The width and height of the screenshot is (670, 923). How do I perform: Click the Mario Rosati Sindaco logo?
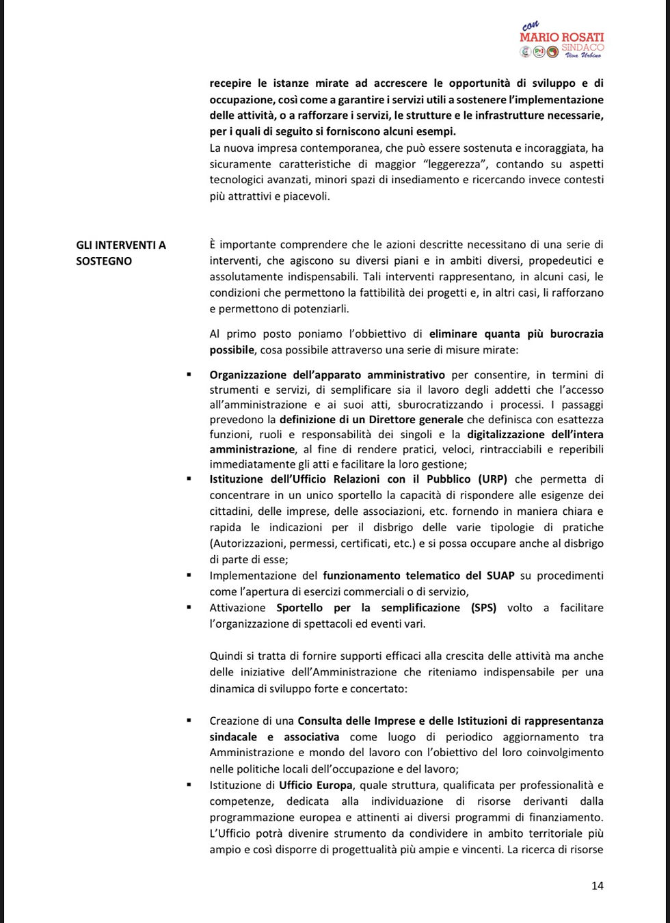point(561,41)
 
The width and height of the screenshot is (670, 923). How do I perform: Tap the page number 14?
point(597,885)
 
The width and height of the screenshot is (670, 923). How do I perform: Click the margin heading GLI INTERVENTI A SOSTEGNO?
point(121,253)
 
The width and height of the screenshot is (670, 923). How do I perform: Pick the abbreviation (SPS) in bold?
point(484,608)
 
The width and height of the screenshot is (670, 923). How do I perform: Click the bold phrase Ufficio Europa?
point(316,785)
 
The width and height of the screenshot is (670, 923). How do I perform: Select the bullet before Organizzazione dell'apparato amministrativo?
point(188,375)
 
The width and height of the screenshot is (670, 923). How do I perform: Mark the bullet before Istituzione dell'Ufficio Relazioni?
point(188,479)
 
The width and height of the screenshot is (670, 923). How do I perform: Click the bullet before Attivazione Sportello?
point(188,608)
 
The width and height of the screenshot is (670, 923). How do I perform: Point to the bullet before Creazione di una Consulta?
point(188,721)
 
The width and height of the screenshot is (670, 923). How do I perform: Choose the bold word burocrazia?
point(571,334)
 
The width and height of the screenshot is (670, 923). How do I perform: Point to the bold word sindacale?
point(233,737)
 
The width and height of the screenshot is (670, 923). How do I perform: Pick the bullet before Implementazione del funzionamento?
point(188,576)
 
